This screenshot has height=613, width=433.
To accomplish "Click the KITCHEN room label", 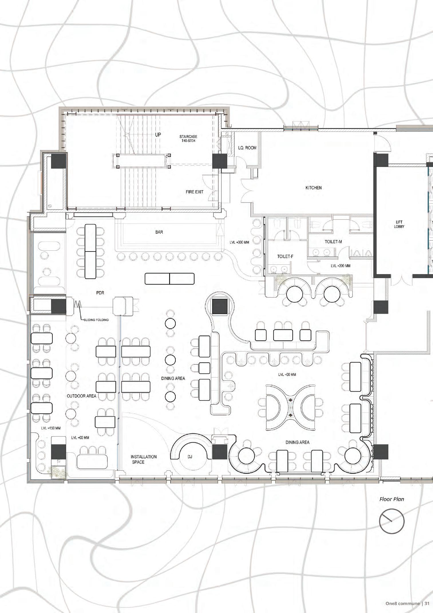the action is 313,188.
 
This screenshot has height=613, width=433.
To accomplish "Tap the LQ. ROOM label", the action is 247,148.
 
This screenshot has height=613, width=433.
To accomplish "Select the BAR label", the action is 159,232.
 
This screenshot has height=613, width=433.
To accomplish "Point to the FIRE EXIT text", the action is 195,192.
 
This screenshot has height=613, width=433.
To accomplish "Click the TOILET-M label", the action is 333,242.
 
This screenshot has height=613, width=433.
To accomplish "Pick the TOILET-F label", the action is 285,256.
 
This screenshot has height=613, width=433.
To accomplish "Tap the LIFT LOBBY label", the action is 399,224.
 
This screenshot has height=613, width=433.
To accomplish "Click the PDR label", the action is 100,293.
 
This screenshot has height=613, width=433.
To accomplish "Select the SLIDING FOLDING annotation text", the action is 96,320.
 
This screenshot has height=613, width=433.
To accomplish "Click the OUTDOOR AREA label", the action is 82,396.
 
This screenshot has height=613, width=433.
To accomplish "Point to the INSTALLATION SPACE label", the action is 144,459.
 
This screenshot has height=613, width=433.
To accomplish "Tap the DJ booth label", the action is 190,457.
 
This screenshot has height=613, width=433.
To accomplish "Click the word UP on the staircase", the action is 158,135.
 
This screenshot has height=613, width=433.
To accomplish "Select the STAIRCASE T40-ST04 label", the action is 188,139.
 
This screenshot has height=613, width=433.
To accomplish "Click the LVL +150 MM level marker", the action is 51,428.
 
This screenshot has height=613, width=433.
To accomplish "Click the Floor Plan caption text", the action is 392,499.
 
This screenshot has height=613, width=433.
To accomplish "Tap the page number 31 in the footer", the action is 427,603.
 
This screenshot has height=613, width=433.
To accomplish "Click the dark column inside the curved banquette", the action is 220,306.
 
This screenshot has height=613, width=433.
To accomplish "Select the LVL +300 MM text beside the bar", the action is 239,242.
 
